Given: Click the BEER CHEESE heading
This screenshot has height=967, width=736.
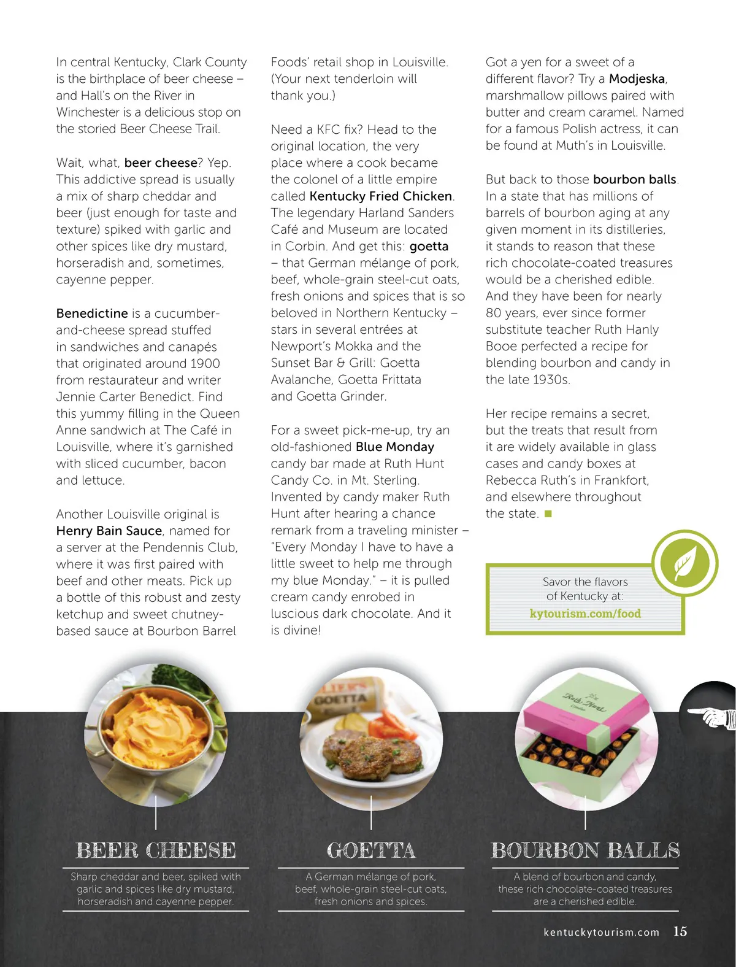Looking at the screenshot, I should tap(156, 850).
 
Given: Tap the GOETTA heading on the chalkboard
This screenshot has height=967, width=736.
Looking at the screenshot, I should tap(371, 850).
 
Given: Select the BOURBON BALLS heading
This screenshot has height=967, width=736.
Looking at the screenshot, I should tap(585, 850).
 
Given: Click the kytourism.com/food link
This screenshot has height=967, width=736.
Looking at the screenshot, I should tap(585, 614).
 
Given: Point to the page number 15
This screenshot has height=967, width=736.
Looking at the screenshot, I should tap(680, 931).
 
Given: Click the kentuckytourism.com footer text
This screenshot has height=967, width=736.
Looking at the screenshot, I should tap(601, 932).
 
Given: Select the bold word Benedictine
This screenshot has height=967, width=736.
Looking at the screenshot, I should tap(92, 314).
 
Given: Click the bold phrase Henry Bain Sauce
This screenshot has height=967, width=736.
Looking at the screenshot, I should tap(109, 531).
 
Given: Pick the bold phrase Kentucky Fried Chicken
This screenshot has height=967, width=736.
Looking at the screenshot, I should tap(381, 196).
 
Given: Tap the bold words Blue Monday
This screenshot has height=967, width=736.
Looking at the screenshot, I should tap(395, 447).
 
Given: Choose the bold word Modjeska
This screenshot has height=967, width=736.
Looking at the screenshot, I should tap(637, 79).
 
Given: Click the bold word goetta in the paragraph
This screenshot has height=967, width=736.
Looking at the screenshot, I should tap(429, 247).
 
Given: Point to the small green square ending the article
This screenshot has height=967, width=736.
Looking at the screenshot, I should tap(548, 514).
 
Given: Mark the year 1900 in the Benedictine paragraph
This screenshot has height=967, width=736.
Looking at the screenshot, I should tap(205, 364).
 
